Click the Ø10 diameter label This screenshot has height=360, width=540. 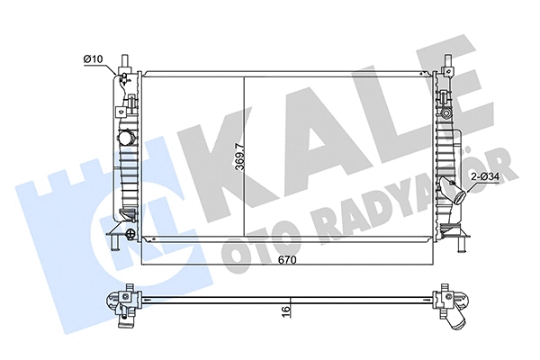94,59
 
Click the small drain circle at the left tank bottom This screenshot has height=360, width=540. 131,236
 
